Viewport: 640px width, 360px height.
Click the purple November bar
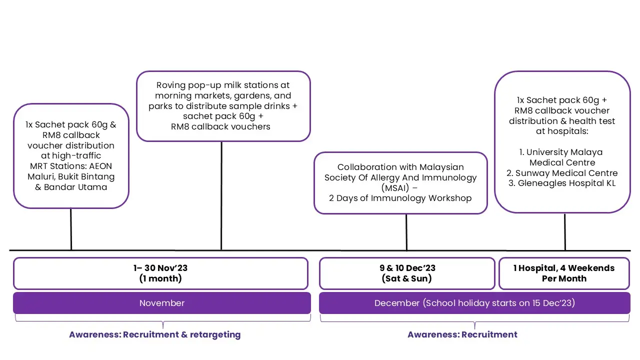(x=161, y=303)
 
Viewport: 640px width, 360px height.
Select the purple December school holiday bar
(x=474, y=303)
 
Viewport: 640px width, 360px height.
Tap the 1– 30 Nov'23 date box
(x=160, y=273)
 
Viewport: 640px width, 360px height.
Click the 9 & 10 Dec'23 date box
(x=407, y=273)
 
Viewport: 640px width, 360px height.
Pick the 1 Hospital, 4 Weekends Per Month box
(x=564, y=273)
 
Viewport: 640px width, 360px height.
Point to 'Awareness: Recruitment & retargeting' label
(x=154, y=334)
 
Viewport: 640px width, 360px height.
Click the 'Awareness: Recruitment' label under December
(x=462, y=334)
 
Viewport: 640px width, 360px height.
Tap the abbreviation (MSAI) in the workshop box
(x=400, y=187)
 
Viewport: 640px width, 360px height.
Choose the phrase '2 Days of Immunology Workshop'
(x=400, y=198)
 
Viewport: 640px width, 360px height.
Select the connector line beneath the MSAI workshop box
(x=406, y=232)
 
